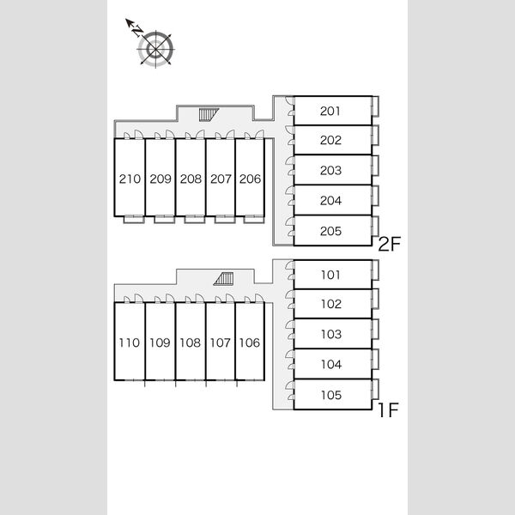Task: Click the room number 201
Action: [330, 111]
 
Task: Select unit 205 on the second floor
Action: [330, 231]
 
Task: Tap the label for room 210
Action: [130, 179]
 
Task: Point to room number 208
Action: [191, 179]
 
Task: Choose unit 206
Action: [250, 179]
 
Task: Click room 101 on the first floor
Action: [330, 275]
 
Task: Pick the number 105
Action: [331, 395]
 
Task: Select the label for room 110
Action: [129, 342]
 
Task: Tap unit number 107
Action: [220, 342]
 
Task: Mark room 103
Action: [331, 335]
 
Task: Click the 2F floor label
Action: [390, 244]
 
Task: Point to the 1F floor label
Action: [389, 410]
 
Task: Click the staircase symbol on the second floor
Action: [209, 115]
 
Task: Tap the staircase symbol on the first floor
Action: [224, 278]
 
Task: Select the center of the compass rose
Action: [155, 49]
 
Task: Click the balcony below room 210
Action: [134, 220]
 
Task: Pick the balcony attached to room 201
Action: [375, 106]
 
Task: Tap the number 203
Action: [330, 171]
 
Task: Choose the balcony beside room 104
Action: [375, 360]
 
